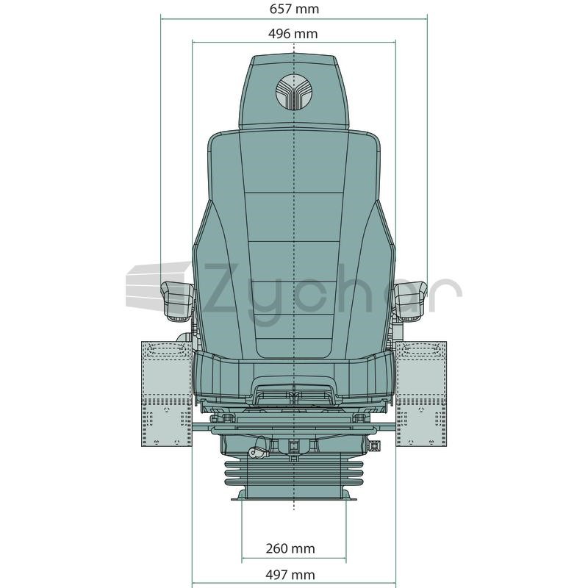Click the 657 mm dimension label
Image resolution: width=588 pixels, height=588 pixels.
tap(294, 9)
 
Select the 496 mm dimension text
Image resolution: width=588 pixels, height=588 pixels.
tap(293, 34)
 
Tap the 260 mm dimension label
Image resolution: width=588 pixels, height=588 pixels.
tap(290, 548)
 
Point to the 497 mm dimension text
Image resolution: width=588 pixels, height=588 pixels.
tap(290, 574)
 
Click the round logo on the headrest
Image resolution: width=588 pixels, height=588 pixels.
tap(293, 91)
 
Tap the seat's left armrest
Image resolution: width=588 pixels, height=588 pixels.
tap(177, 301)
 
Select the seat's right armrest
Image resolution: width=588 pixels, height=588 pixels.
tap(411, 301)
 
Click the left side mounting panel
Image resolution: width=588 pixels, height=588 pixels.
tap(167, 394)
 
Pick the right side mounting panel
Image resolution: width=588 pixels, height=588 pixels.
tap(421, 394)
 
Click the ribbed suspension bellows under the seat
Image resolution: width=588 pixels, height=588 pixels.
tap(293, 473)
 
